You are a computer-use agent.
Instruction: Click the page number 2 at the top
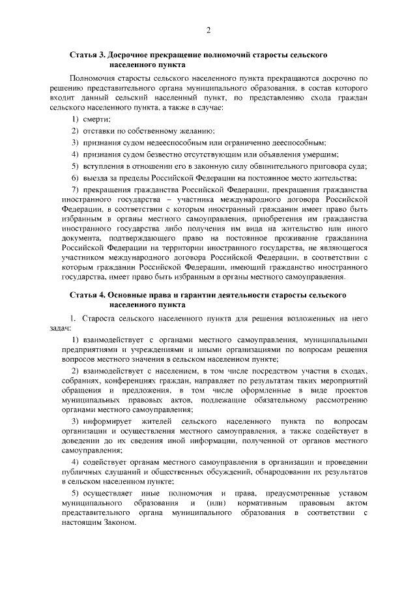[208, 30]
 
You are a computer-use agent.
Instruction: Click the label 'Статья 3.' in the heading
[87, 55]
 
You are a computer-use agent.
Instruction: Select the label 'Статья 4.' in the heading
[87, 295]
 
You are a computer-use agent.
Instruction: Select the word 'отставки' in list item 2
[99, 130]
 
